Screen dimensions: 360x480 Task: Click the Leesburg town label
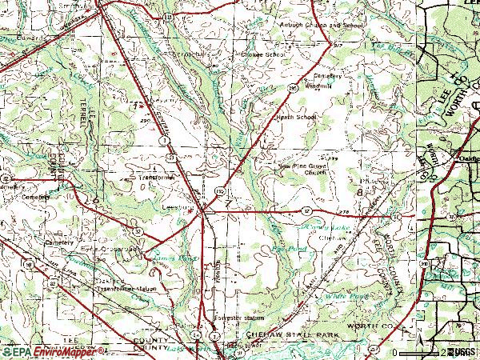(178, 206)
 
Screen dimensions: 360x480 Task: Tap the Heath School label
(297, 117)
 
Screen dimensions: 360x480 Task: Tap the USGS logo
(464, 352)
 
